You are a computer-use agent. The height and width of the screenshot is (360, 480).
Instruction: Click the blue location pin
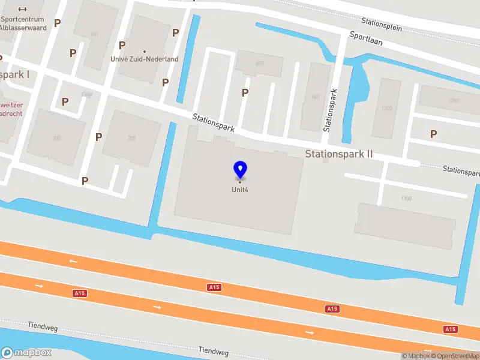pos(240,170)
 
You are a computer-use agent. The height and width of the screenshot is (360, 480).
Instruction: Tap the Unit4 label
pos(240,190)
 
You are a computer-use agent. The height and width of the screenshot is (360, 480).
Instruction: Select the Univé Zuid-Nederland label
pos(145,59)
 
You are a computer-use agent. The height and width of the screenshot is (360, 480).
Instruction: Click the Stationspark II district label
pos(339,154)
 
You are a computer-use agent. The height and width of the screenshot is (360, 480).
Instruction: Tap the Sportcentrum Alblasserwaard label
pos(23,23)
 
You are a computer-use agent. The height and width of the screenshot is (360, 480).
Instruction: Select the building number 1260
pos(453,100)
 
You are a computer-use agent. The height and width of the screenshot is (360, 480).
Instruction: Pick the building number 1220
pos(386,109)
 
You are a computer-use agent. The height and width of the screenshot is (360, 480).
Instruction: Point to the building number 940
pos(316,97)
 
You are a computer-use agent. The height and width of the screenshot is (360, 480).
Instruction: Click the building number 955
pos(260,64)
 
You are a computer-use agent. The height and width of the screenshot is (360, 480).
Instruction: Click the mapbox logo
pos(26,353)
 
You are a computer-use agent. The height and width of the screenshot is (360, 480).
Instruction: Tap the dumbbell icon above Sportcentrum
pos(23,9)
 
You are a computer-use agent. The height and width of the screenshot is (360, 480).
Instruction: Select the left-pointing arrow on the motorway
pos(73,261)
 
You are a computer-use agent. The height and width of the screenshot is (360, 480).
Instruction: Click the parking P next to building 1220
pos(433,134)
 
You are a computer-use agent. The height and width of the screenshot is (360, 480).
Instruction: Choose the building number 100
pos(94,34)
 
